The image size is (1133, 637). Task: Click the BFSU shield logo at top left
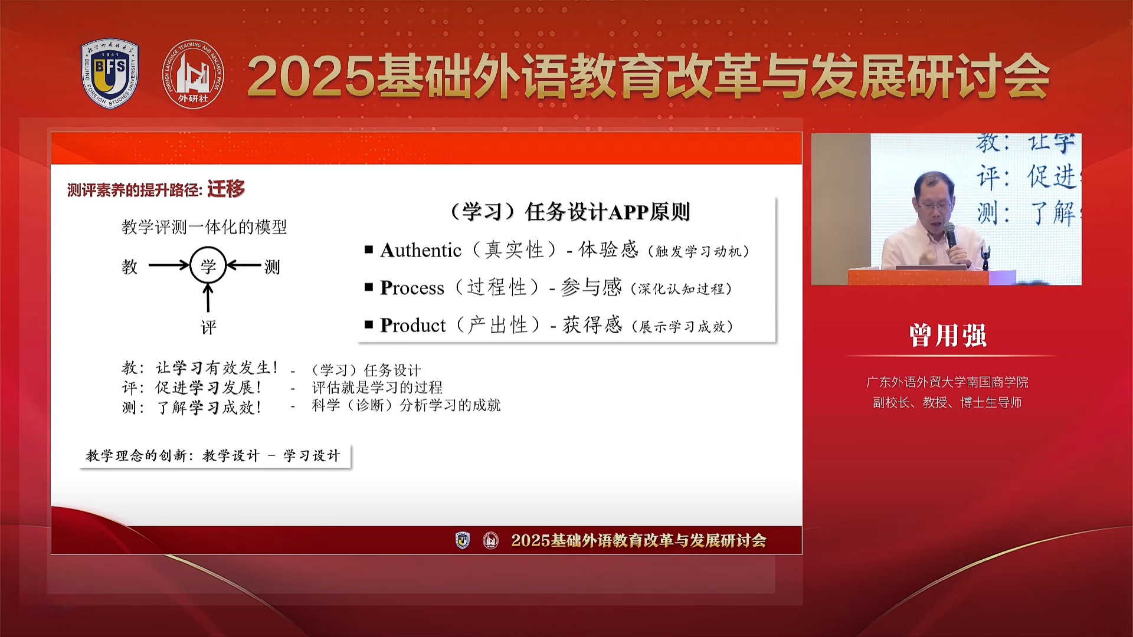click(110, 74)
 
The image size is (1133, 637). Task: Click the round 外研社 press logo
click(193, 74)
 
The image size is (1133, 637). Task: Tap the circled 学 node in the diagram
click(208, 266)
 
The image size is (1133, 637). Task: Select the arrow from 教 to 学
click(169, 265)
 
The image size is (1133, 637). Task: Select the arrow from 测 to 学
click(244, 265)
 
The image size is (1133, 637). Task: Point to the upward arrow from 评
click(208, 298)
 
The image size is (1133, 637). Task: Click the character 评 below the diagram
click(208, 327)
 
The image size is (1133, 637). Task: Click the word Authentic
click(421, 251)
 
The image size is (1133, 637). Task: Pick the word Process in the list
click(412, 288)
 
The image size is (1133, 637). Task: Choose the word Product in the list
click(413, 325)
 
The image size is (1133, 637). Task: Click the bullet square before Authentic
click(369, 249)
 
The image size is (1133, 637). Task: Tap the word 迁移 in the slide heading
click(225, 189)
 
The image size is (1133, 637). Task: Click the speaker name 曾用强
click(948, 335)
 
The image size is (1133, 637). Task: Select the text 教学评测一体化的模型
click(204, 227)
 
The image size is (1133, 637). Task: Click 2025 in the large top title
click(311, 77)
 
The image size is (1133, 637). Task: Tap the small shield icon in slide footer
click(463, 540)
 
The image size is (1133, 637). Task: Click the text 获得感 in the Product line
click(592, 325)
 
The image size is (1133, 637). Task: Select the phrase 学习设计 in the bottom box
click(312, 455)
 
